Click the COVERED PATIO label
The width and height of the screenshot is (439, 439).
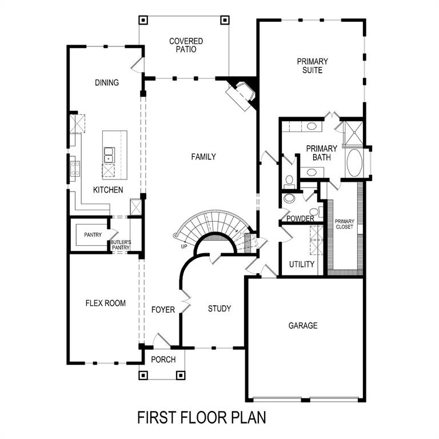(186, 45)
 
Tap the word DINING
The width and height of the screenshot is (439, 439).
(107, 83)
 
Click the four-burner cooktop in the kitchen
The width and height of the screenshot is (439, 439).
(75, 167)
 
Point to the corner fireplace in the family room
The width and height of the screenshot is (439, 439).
(242, 93)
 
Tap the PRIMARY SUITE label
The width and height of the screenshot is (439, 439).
(312, 66)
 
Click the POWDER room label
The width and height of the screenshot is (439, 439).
(300, 219)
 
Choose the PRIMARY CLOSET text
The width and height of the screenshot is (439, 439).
(344, 224)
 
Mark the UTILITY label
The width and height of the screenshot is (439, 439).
(302, 264)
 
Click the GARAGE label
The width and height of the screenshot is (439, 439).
(302, 326)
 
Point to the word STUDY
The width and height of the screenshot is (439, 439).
(219, 309)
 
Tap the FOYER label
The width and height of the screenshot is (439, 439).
(163, 310)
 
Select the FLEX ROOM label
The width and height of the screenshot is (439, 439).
(106, 303)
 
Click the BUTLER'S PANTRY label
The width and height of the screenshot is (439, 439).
(121, 245)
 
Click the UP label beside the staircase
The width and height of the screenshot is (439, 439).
(183, 247)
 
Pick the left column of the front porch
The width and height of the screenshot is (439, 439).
(143, 376)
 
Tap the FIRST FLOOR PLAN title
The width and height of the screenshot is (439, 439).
(202, 417)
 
